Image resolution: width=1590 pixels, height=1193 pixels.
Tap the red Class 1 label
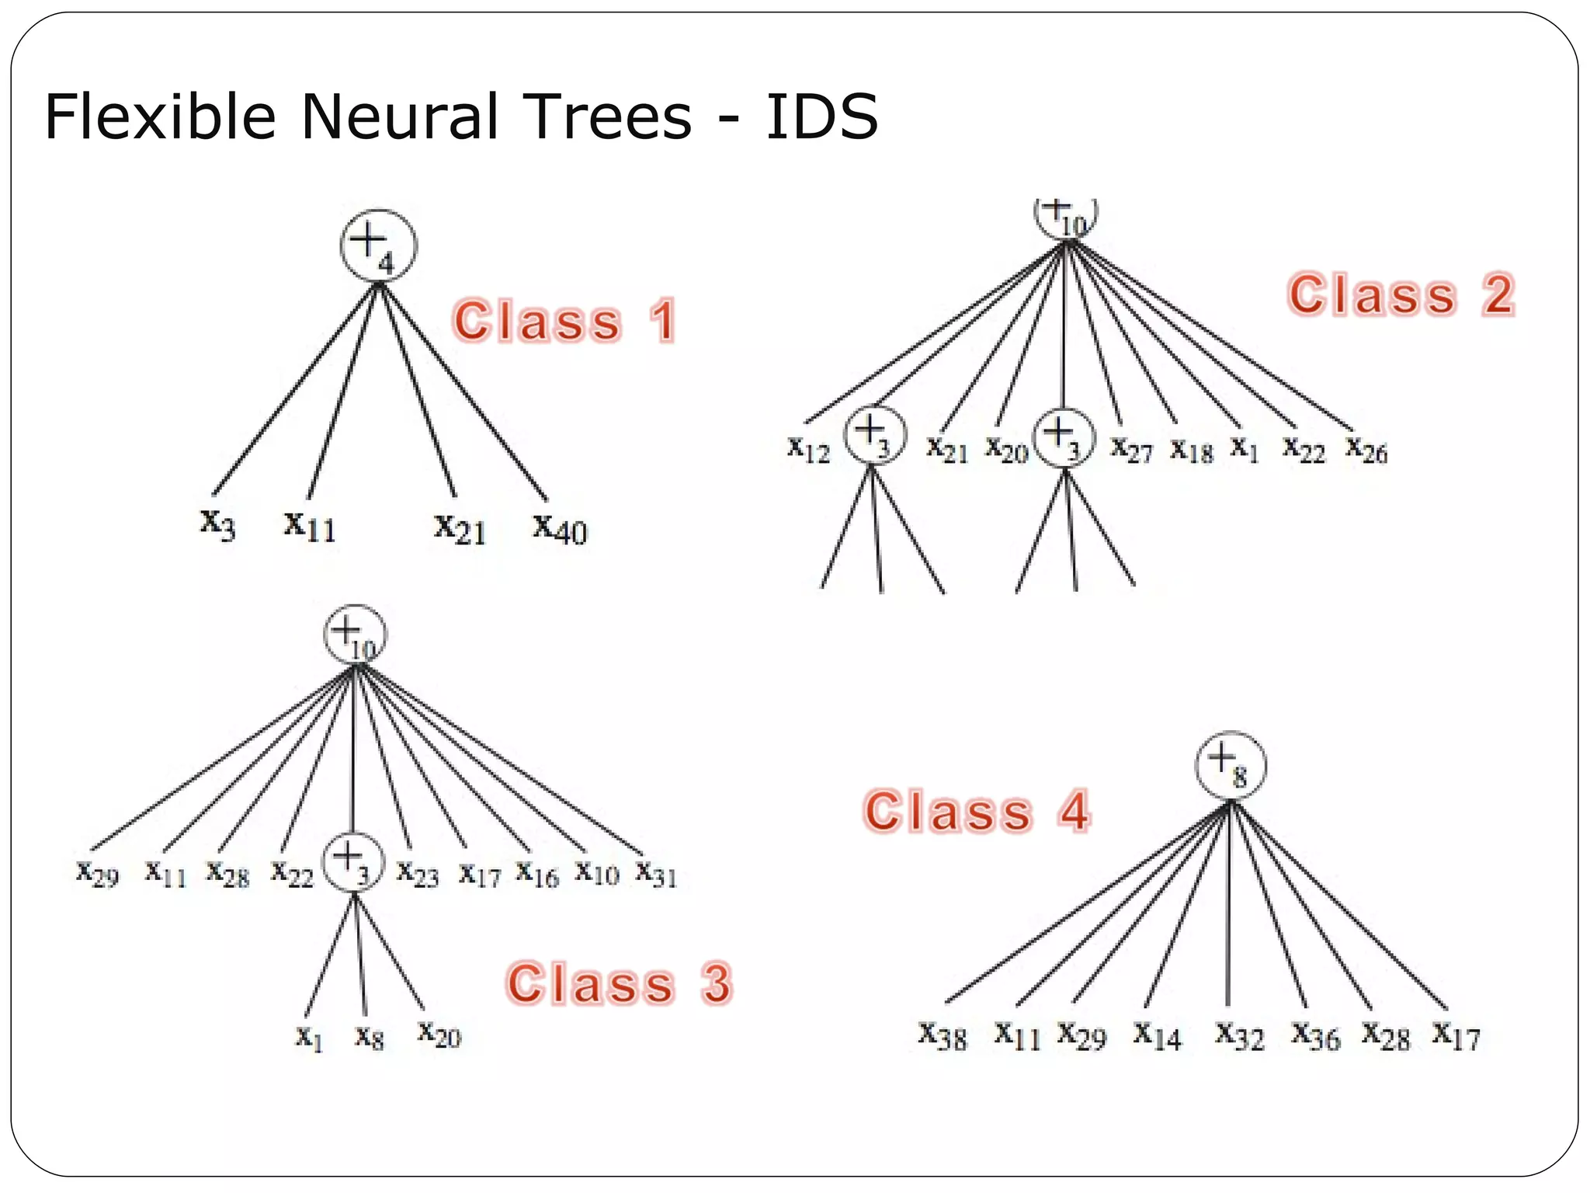pyautogui.click(x=564, y=321)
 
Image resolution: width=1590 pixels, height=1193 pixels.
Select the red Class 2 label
pyautogui.click(x=1401, y=295)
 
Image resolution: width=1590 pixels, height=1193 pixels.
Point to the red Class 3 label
pyautogui.click(x=620, y=983)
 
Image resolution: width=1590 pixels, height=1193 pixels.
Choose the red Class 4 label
pyautogui.click(x=977, y=812)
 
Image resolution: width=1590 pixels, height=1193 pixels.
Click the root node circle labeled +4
pyautogui.click(x=378, y=246)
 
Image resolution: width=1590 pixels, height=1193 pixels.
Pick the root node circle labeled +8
pyautogui.click(x=1230, y=766)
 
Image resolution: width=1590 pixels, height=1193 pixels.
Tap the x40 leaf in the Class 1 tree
pyautogui.click(x=560, y=529)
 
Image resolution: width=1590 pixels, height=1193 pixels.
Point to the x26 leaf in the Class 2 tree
pyautogui.click(x=1366, y=449)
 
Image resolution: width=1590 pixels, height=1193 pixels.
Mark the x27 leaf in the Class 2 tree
pyautogui.click(x=1131, y=449)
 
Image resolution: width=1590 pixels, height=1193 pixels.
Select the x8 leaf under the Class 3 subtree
pyautogui.click(x=370, y=1036)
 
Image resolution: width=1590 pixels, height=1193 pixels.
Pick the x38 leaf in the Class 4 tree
pyautogui.click(x=943, y=1036)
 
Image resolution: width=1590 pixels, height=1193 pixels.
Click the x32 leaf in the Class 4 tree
pyautogui.click(x=1240, y=1036)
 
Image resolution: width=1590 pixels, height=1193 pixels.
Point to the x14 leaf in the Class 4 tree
pyautogui.click(x=1157, y=1036)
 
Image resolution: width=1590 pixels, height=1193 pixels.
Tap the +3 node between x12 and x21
pyautogui.click(x=875, y=435)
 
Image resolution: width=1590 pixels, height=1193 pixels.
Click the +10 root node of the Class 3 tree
pyautogui.click(x=355, y=635)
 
